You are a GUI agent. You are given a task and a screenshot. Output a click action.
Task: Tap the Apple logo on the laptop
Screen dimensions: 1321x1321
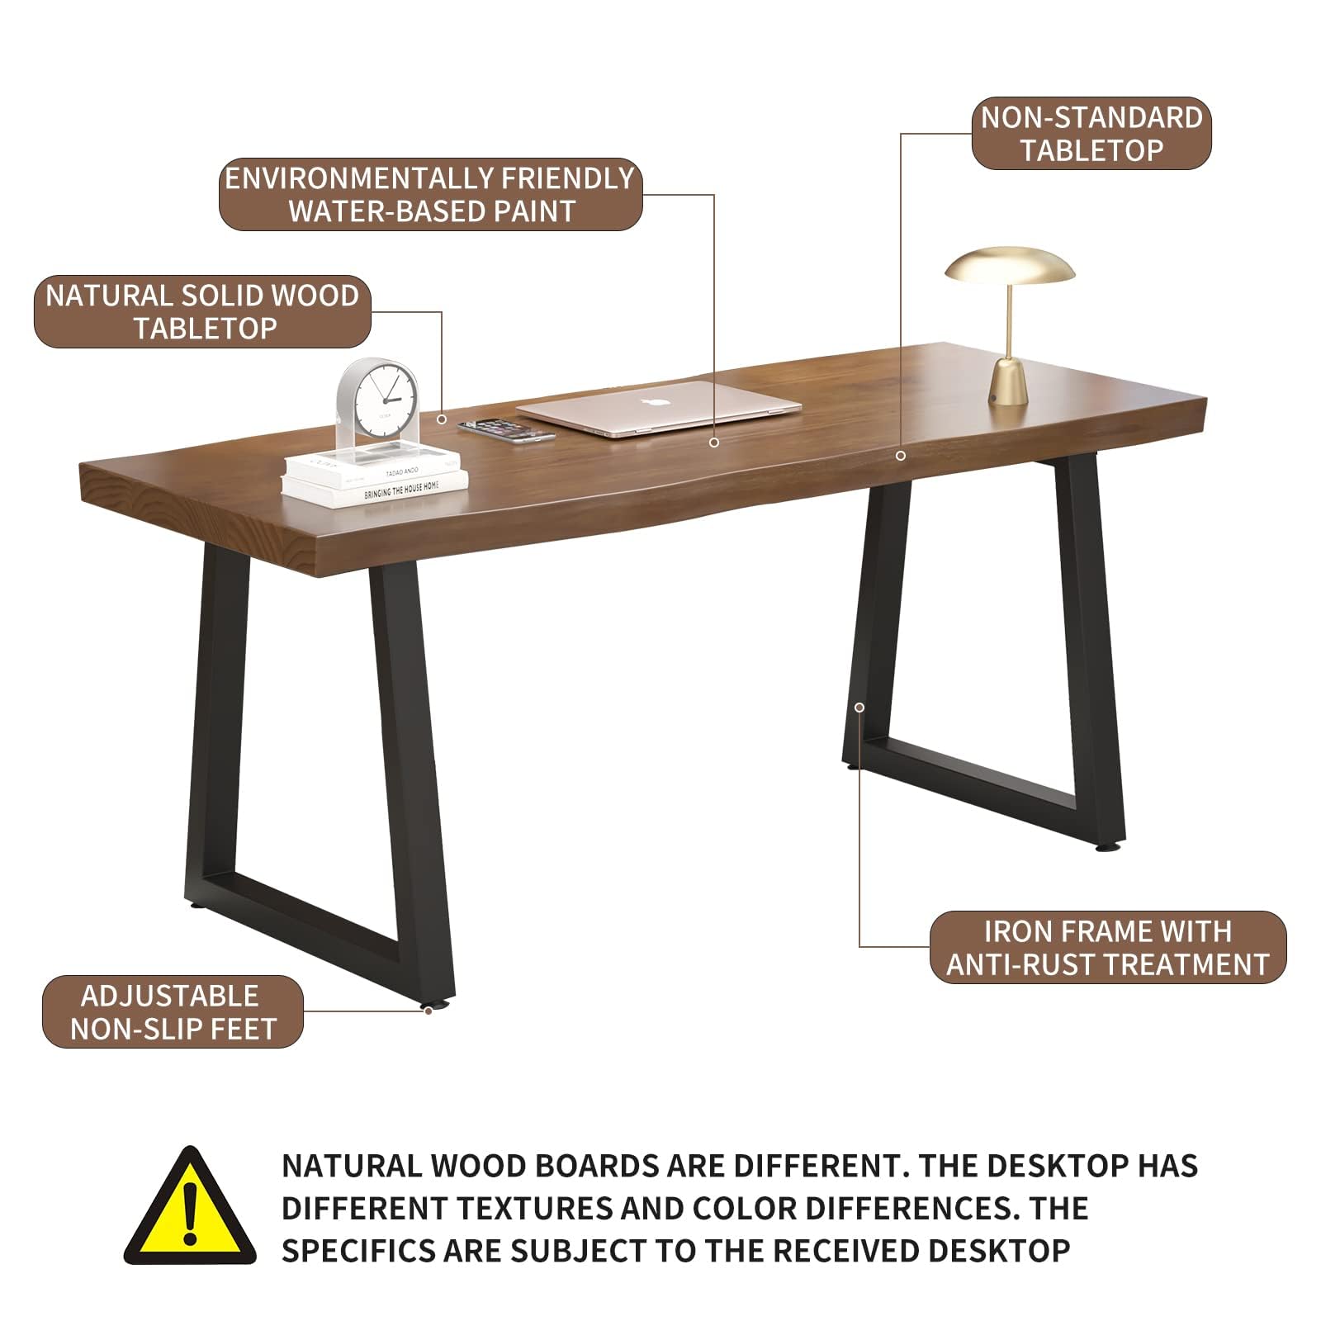click(x=656, y=402)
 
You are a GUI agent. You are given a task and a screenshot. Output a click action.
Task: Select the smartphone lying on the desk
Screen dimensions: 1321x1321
click(x=496, y=430)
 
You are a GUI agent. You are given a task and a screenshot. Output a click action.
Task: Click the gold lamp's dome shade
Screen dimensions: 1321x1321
click(x=1010, y=266)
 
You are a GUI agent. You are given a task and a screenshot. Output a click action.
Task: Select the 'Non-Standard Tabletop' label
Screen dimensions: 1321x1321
click(x=1091, y=134)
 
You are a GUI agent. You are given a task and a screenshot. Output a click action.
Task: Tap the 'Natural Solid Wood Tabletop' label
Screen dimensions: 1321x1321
click(x=202, y=312)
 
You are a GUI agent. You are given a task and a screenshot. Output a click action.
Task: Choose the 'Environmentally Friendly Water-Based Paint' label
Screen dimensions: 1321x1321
click(x=430, y=195)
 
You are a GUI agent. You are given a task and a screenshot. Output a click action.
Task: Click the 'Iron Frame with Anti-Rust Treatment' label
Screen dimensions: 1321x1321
click(x=1108, y=948)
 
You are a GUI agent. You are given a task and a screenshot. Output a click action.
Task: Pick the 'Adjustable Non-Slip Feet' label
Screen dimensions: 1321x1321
click(x=173, y=1012)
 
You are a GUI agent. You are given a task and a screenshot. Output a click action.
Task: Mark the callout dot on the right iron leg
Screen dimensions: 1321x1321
click(x=859, y=708)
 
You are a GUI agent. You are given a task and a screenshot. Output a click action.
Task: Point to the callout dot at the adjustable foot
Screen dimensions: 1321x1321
click(x=428, y=1010)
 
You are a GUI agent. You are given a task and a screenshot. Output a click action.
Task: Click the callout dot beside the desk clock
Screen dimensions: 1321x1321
click(x=442, y=419)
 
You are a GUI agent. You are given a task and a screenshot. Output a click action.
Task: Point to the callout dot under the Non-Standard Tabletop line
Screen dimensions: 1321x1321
click(x=901, y=456)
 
